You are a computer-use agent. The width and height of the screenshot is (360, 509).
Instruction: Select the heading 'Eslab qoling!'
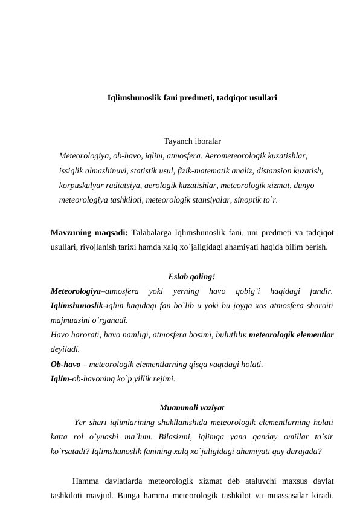191,277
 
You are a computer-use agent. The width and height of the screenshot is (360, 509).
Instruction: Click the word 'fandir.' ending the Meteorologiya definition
318,291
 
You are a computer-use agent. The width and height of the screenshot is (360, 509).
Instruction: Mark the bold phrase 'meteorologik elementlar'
292,334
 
